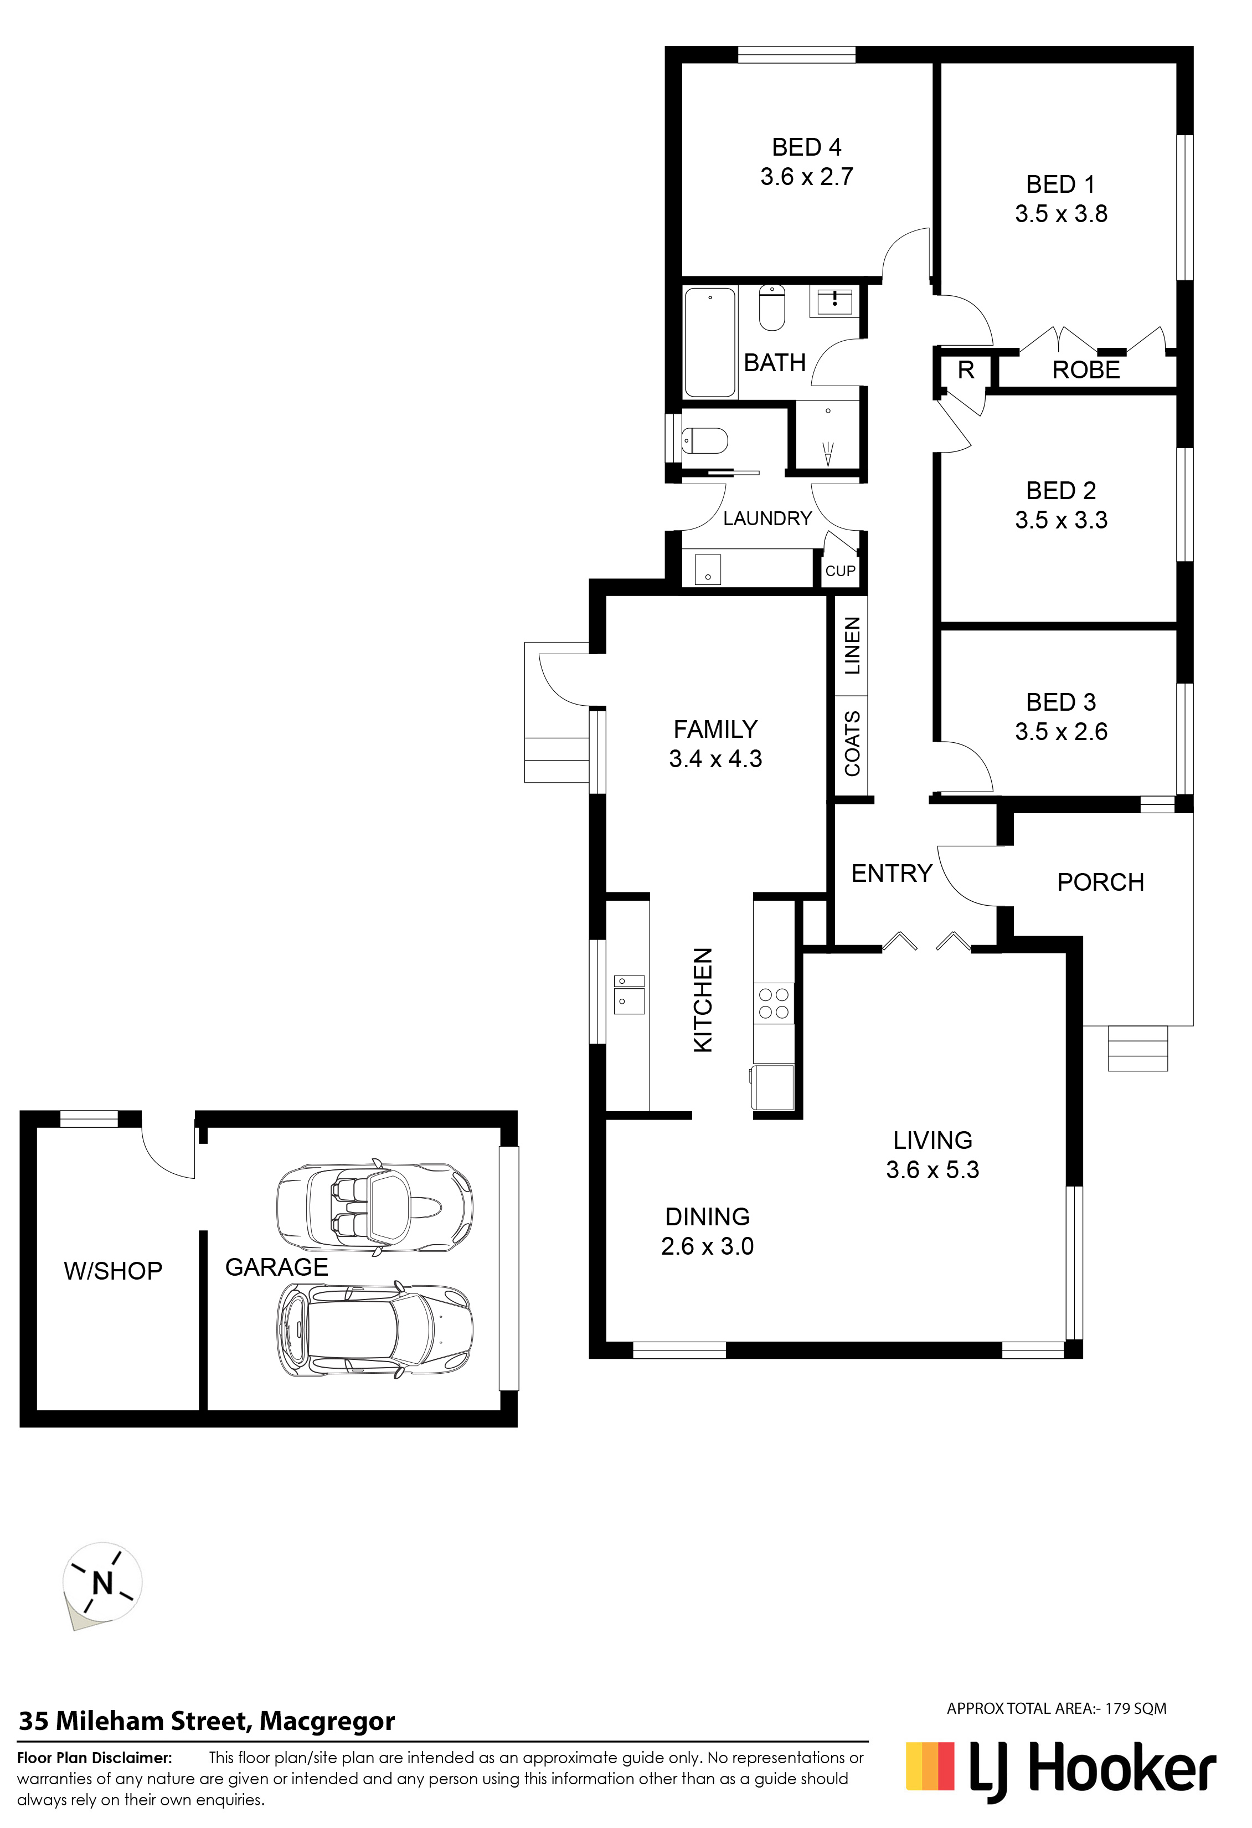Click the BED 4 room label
click(x=806, y=147)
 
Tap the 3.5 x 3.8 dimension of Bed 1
click(x=1061, y=214)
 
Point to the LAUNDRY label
click(x=767, y=518)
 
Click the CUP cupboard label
click(x=840, y=571)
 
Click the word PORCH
click(x=1100, y=882)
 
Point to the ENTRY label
click(x=891, y=873)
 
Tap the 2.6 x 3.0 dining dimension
click(x=707, y=1247)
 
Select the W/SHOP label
click(x=114, y=1271)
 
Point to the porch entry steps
click(x=1137, y=1049)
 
